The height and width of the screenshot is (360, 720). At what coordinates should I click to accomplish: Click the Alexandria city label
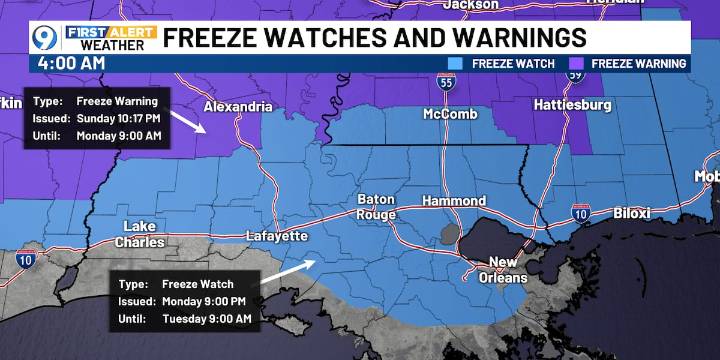(238, 106)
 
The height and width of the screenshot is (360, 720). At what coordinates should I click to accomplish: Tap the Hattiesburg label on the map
(571, 104)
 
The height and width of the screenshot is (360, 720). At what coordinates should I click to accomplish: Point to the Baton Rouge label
(377, 207)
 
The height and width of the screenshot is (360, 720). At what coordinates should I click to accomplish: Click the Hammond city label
(453, 201)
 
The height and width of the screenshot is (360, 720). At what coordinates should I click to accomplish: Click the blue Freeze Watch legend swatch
(457, 64)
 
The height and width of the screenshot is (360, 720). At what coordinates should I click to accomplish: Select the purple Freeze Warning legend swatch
(576, 64)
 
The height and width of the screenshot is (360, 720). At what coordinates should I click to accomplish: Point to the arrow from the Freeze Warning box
(189, 121)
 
